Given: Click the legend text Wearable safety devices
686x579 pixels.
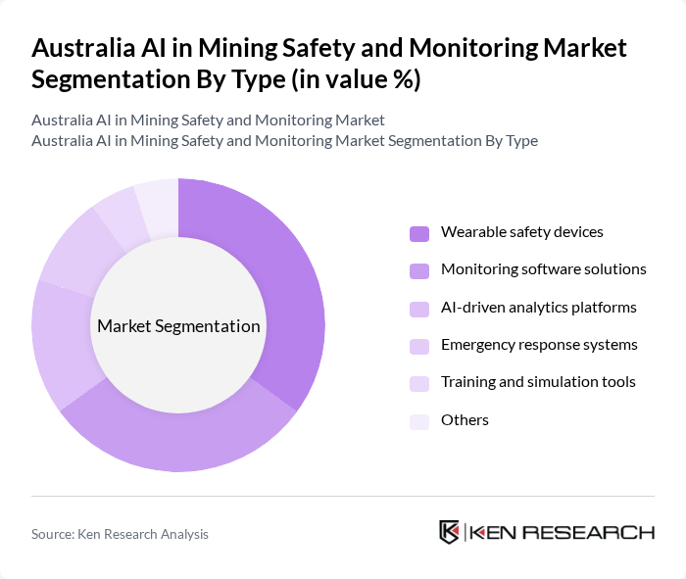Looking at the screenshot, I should pos(521,232).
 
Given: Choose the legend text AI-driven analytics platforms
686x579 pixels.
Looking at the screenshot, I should pos(538,308).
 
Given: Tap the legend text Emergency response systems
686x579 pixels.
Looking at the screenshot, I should pos(539,345).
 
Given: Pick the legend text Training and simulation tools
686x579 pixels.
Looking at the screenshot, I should pos(538,382).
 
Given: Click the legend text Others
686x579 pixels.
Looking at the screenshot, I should pos(465,420).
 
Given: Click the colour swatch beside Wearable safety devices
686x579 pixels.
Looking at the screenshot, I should pos(419,233).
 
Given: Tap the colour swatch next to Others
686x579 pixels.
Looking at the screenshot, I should pos(419,421).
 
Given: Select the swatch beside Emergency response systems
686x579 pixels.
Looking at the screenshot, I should pos(419,346).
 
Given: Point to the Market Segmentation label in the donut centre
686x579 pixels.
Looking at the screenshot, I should pos(178,326).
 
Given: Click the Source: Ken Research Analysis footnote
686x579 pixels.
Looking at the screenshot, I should pos(120,534).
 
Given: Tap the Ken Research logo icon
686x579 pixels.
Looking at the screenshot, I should pos(450,532).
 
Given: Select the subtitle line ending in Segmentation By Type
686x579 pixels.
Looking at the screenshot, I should pos(284,140).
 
